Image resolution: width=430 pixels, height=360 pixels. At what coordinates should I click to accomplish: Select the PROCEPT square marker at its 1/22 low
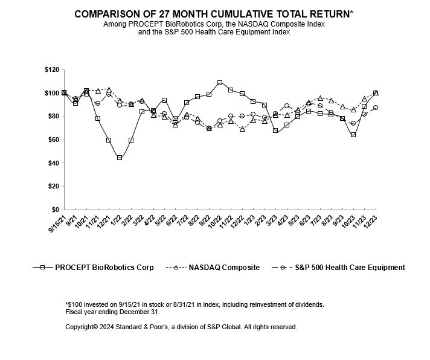pos(120,158)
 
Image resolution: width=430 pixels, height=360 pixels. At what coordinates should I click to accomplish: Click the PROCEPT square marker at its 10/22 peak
pos(220,83)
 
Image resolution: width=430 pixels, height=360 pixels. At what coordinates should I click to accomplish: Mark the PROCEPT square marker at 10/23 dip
pos(353,135)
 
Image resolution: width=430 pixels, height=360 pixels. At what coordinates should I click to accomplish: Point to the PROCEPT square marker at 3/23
pos(275,130)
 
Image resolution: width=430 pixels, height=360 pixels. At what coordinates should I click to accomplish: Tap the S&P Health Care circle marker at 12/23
pos(376,108)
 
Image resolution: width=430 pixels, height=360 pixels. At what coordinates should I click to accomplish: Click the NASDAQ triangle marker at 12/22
pos(242,129)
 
